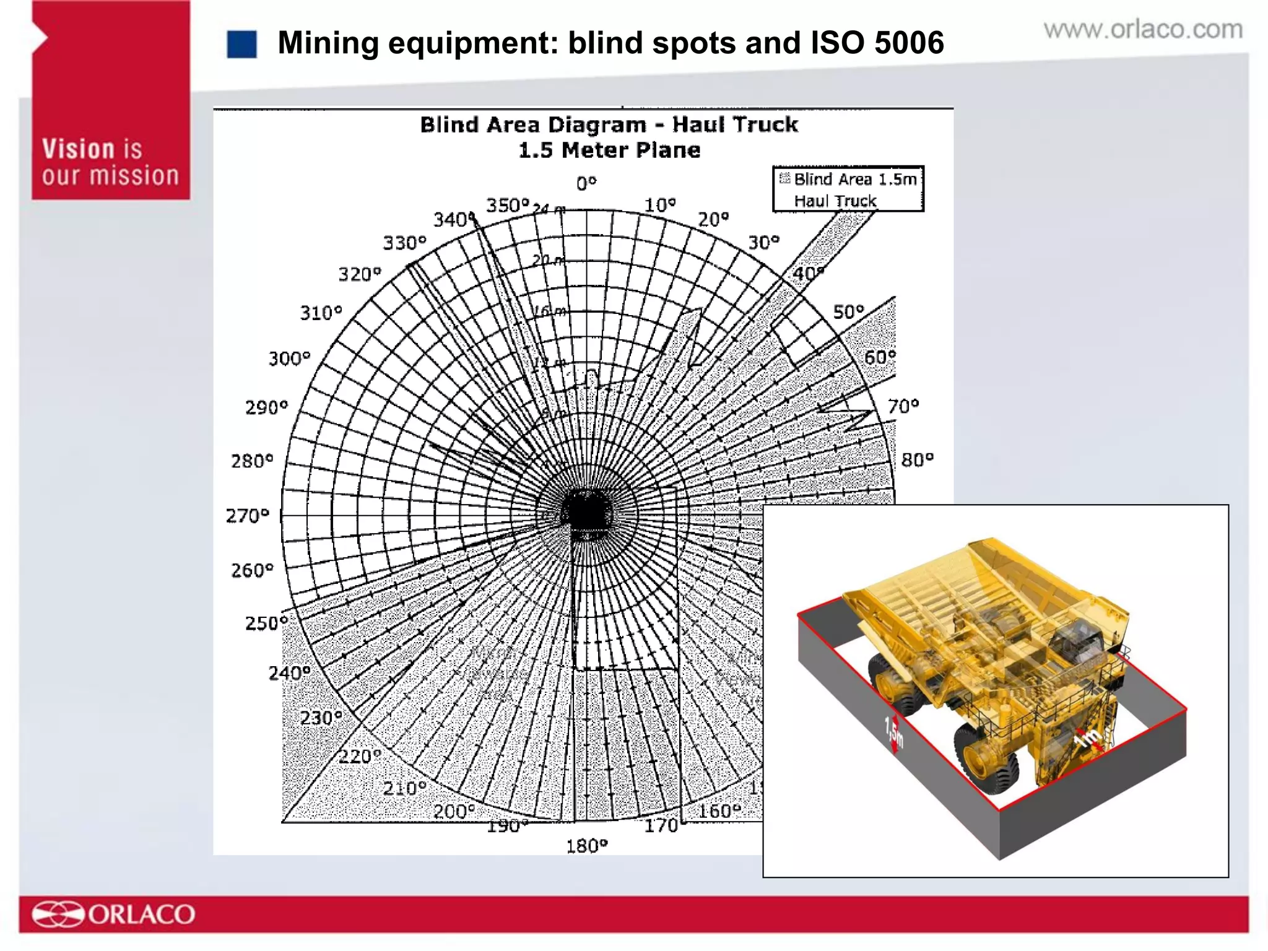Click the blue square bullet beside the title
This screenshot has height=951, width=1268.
pyautogui.click(x=241, y=45)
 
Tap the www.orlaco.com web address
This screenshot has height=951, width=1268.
pyautogui.click(x=1143, y=30)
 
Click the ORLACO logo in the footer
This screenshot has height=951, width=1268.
pyautogui.click(x=114, y=914)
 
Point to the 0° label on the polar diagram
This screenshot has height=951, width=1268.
pyautogui.click(x=586, y=184)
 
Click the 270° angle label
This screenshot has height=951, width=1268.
pyautogui.click(x=247, y=515)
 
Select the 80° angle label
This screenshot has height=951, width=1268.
pyautogui.click(x=917, y=460)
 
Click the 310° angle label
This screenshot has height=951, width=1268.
pyautogui.click(x=321, y=313)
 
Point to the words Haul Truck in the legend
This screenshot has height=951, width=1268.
pyautogui.click(x=835, y=201)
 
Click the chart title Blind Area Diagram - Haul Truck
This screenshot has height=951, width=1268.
pyautogui.click(x=609, y=125)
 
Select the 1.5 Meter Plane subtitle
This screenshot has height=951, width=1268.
pyautogui.click(x=609, y=150)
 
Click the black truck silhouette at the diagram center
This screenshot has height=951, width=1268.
pyautogui.click(x=586, y=511)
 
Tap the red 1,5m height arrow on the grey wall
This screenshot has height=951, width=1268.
pyautogui.click(x=893, y=734)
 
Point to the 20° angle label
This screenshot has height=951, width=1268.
pyautogui.click(x=713, y=219)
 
